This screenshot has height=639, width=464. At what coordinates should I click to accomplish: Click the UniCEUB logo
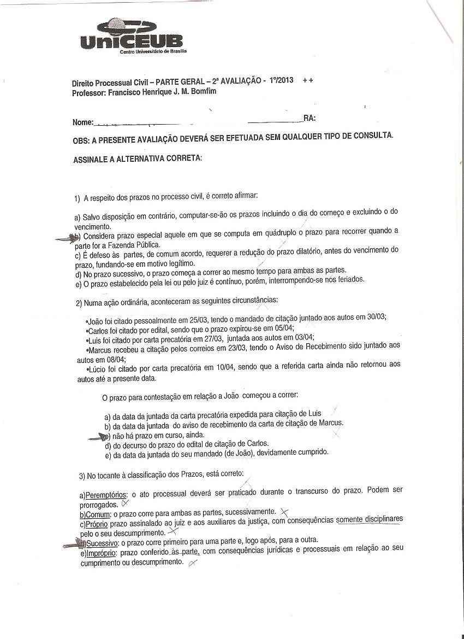(132, 37)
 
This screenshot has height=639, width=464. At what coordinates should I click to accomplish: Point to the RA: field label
(310, 119)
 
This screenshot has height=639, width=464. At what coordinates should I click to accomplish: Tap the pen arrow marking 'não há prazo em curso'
(99, 436)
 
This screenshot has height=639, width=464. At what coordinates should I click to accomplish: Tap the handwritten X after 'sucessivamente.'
(284, 512)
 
